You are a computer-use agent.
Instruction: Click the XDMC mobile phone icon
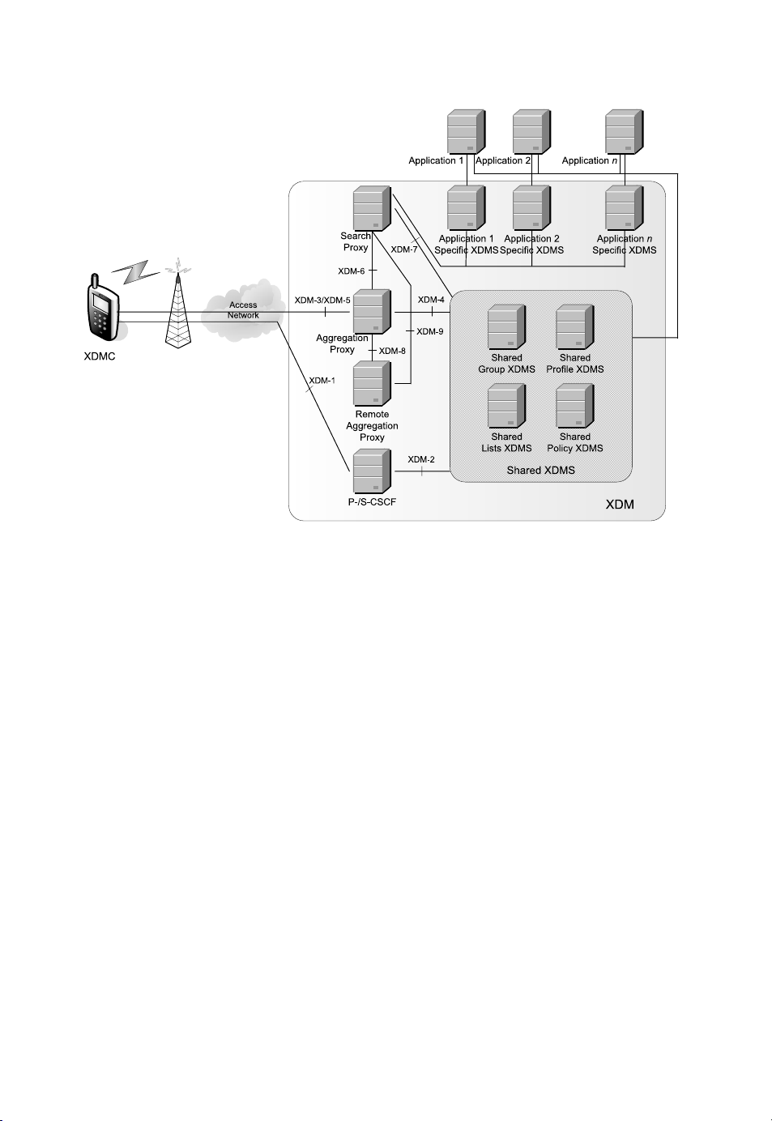tap(101, 309)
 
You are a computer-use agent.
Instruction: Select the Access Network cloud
tap(243, 309)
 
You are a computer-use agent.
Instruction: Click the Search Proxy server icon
tap(372, 209)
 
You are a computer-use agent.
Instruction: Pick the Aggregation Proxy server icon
tap(372, 312)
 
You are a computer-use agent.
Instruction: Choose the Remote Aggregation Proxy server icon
tap(372, 383)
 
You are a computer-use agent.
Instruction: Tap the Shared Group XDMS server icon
tap(507, 327)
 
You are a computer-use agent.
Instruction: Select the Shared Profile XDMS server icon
tap(575, 327)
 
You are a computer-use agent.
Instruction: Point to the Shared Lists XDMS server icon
tap(507, 407)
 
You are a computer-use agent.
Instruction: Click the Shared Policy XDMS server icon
tap(575, 407)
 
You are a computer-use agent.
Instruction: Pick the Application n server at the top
tap(625, 132)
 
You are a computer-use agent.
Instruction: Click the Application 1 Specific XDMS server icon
tap(467, 209)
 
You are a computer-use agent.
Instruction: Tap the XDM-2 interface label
tap(421, 459)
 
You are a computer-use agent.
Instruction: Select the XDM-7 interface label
tap(404, 249)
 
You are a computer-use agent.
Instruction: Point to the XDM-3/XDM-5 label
tap(322, 300)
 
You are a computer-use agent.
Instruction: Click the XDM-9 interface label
tap(430, 331)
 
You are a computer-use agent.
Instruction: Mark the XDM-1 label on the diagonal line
tap(322, 380)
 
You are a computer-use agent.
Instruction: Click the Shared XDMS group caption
tap(540, 470)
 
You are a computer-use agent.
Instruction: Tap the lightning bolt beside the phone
tap(136, 271)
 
